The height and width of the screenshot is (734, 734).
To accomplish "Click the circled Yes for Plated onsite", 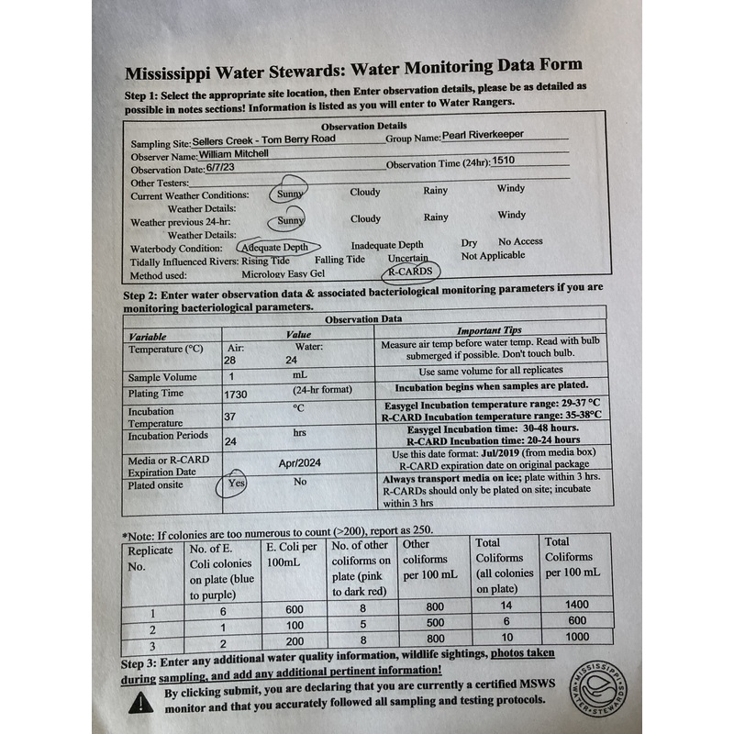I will click(237, 483).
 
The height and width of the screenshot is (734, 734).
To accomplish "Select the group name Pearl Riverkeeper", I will click(483, 134).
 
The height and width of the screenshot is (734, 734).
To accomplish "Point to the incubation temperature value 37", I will click(231, 416).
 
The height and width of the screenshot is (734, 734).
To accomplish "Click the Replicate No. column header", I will click(150, 558).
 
